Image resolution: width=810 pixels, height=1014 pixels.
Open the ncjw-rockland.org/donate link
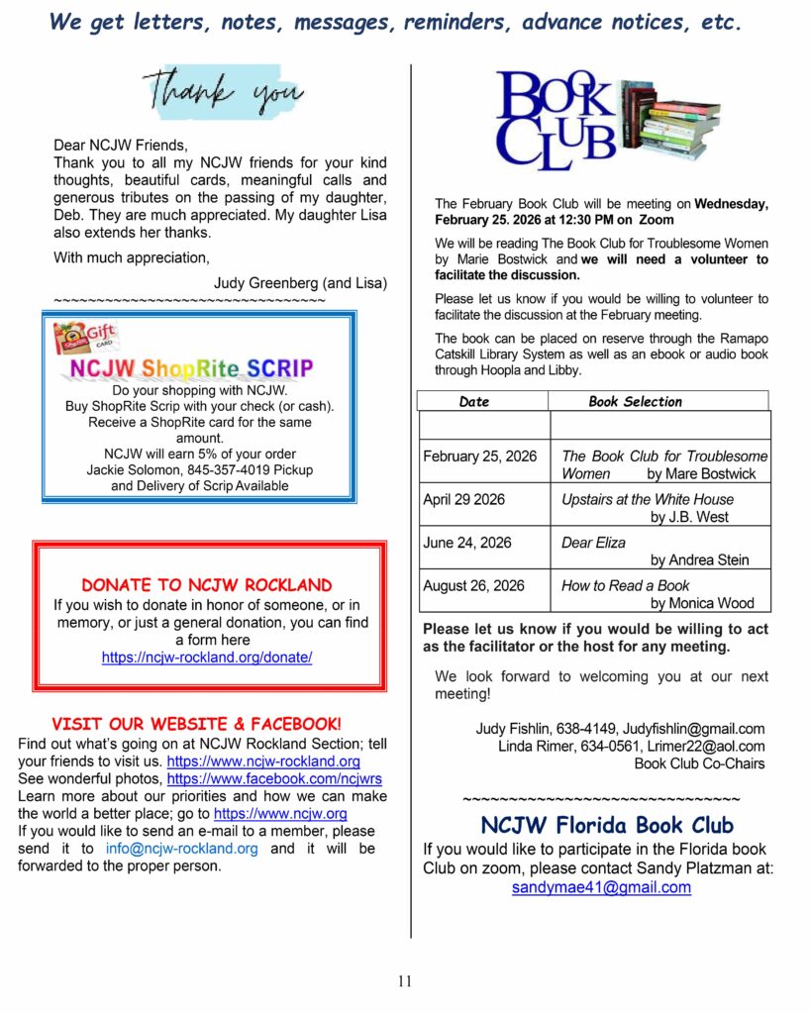(207, 658)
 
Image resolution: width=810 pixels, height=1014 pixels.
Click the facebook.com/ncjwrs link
(275, 779)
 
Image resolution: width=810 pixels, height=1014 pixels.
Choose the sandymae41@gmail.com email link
(601, 887)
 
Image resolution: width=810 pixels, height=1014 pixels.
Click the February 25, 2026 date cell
(480, 456)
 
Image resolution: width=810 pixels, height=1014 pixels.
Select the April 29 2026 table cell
(463, 499)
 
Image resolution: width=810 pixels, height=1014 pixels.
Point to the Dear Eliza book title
(594, 543)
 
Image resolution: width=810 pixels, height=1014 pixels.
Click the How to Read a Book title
(626, 585)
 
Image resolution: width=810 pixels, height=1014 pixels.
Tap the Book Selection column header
(635, 402)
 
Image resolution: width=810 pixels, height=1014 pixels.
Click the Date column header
(474, 402)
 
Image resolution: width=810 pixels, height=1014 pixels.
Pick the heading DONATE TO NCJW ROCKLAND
(207, 585)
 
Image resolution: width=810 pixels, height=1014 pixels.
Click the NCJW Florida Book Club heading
(607, 825)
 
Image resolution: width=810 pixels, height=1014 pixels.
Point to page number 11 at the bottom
(404, 981)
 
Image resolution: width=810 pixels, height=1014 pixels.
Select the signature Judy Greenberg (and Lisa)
(300, 283)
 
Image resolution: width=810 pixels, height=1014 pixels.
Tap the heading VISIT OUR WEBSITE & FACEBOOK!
(197, 724)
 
